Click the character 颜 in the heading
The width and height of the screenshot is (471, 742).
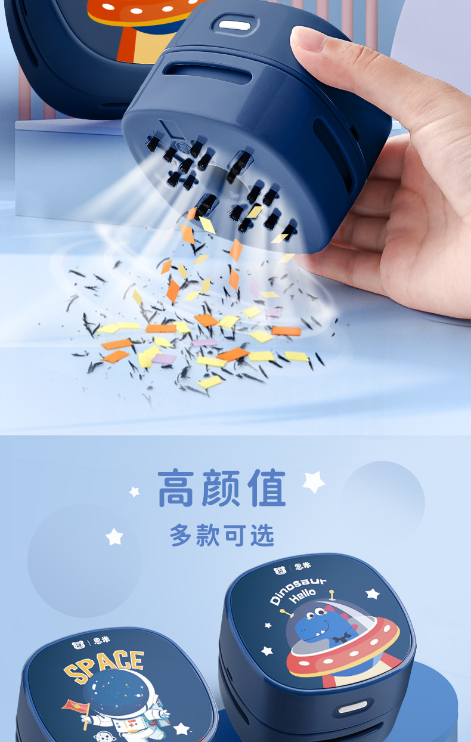click(222, 489)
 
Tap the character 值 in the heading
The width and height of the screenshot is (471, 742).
click(265, 489)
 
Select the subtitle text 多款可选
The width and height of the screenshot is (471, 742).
click(222, 535)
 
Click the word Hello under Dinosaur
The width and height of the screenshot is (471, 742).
click(303, 597)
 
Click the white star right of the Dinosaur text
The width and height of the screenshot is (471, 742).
click(373, 593)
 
